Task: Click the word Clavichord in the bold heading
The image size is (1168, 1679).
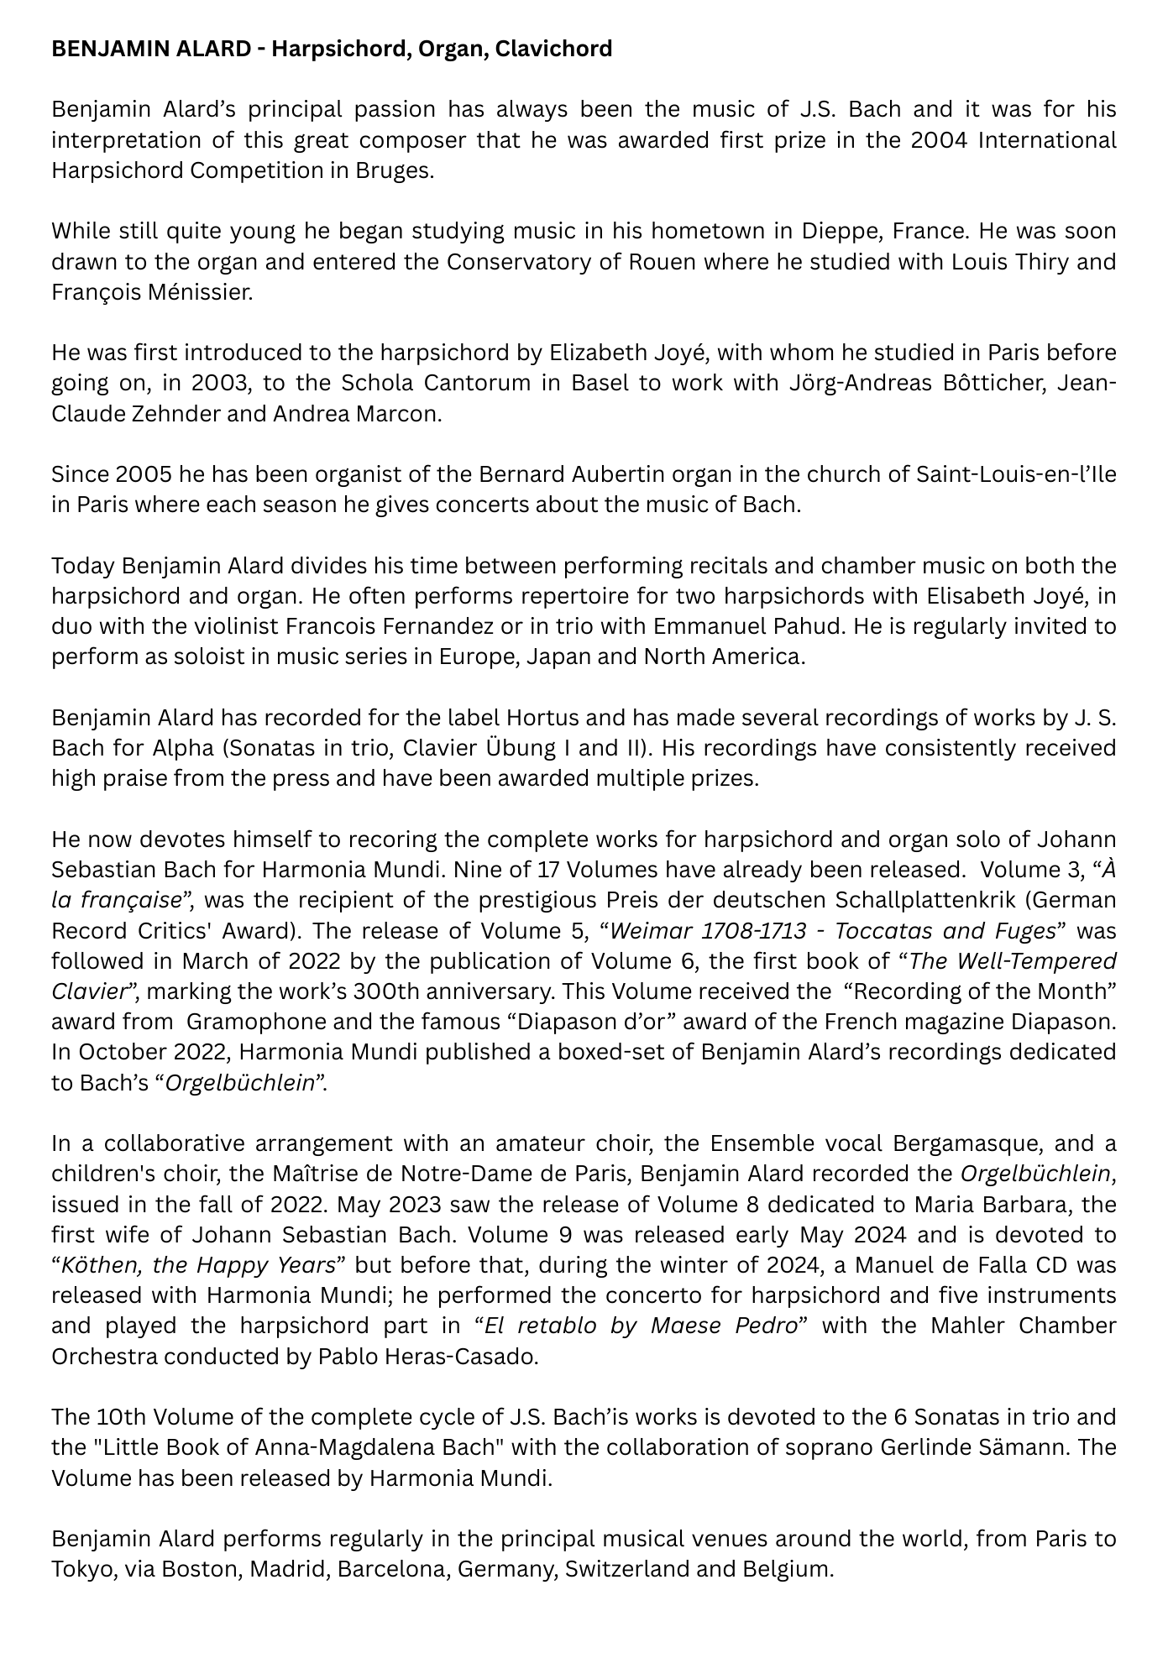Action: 553,50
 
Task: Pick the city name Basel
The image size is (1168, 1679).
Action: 600,384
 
